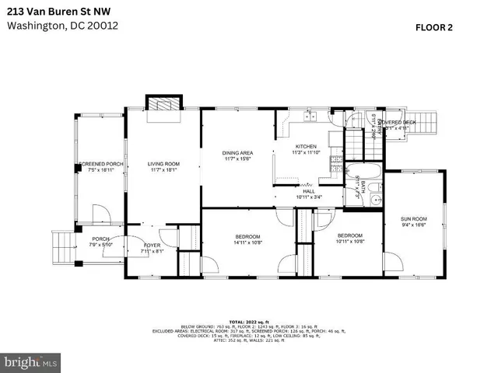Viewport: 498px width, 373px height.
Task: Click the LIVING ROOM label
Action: click(164, 164)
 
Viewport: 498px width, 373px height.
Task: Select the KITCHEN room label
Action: click(306, 147)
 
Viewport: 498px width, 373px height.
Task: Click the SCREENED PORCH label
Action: click(101, 164)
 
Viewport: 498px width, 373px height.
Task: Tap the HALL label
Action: click(309, 191)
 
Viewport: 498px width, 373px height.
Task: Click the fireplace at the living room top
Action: click(163, 105)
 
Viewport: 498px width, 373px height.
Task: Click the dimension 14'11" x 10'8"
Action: click(247, 242)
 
